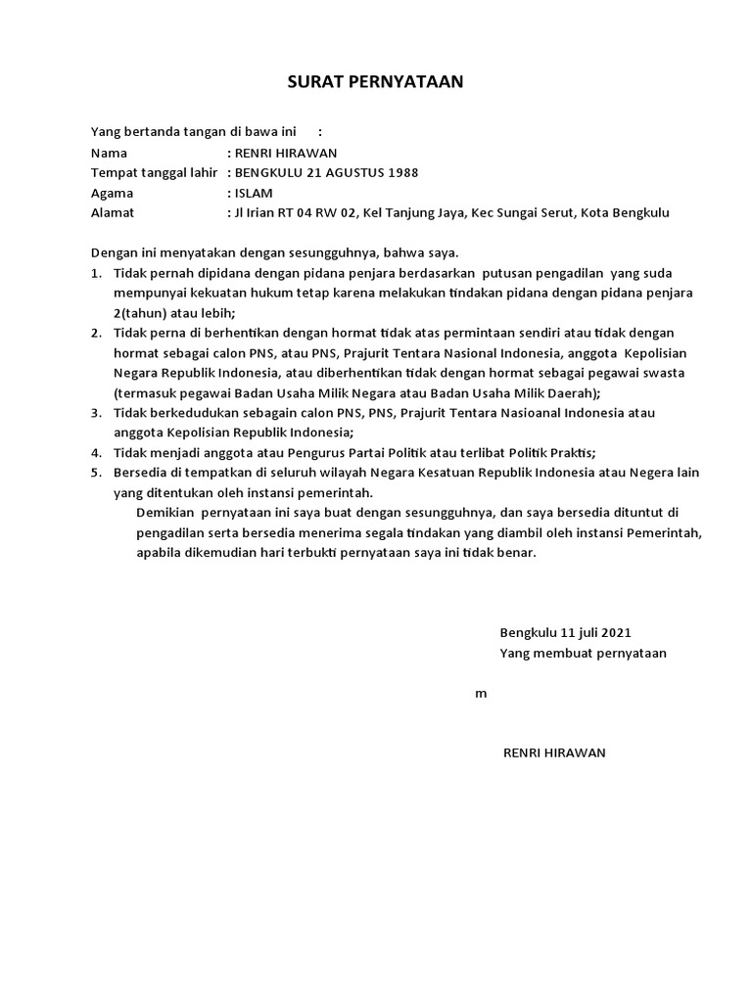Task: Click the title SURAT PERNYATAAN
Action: tap(375, 82)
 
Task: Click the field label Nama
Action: tap(109, 153)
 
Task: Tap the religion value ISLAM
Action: tap(253, 193)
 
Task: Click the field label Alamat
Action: tap(113, 212)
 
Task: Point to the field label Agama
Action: tap(112, 193)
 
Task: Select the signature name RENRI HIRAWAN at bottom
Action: tap(554, 752)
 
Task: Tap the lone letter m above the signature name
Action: tap(481, 694)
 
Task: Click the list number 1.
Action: tap(96, 272)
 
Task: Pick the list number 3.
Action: tap(96, 412)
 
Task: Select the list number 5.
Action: tap(96, 473)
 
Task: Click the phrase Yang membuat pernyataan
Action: tap(583, 653)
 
